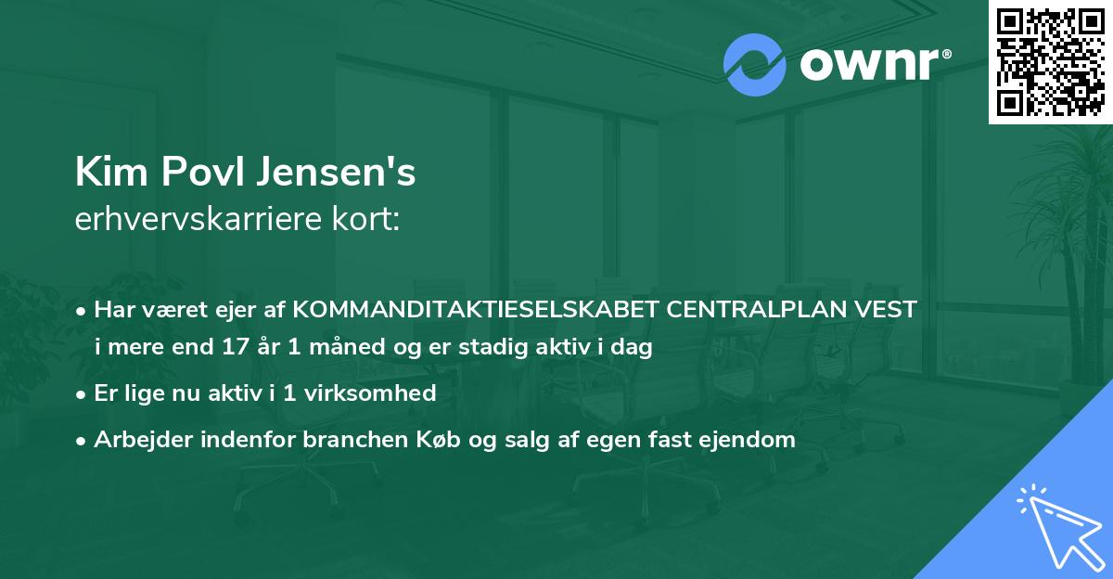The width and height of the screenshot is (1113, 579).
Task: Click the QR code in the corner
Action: click(1050, 62)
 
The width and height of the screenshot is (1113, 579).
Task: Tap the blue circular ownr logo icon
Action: click(753, 65)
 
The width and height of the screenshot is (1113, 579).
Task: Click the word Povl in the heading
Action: click(195, 172)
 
